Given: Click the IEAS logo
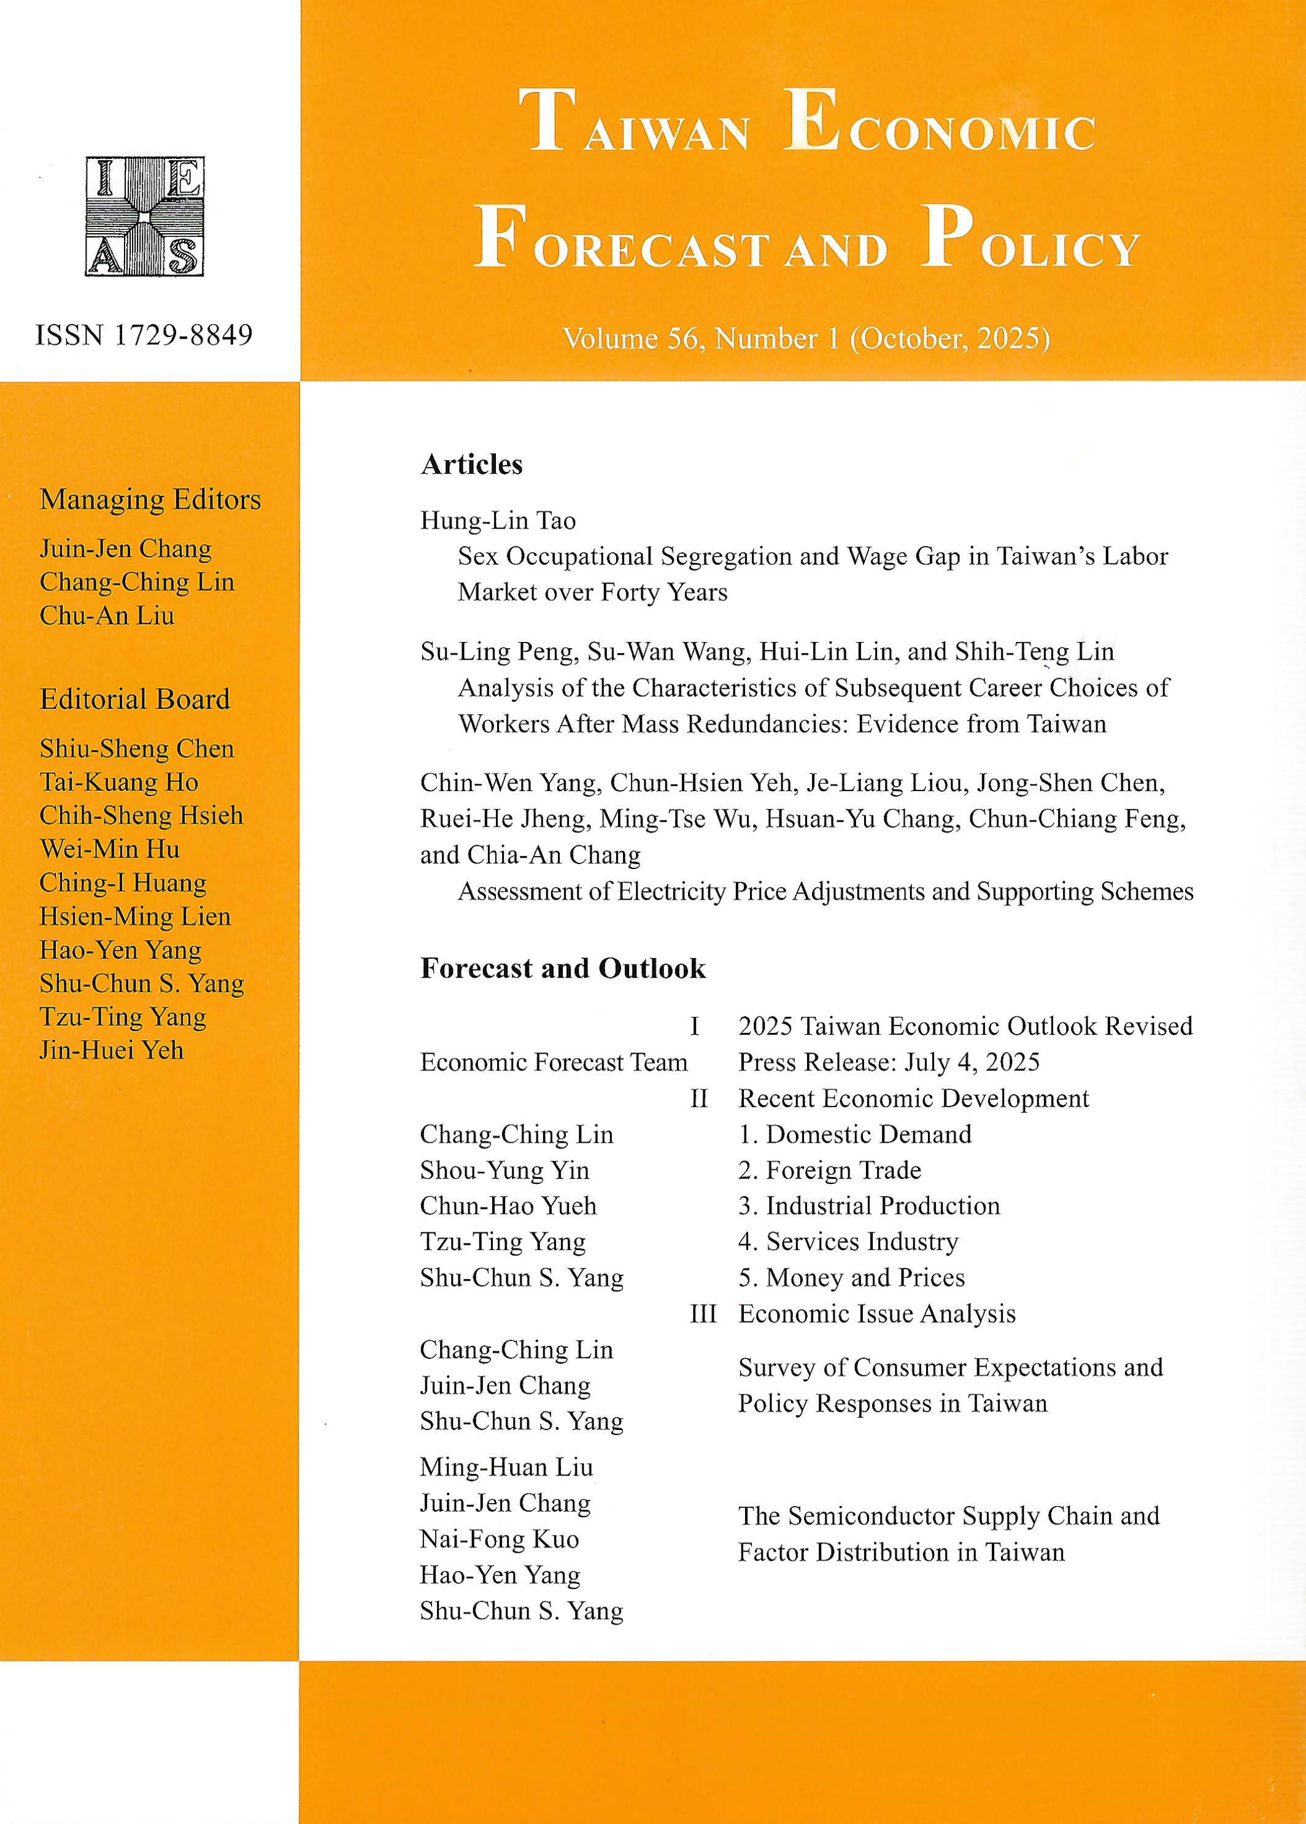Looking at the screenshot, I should click(x=145, y=216).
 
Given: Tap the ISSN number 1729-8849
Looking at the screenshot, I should click(x=144, y=334).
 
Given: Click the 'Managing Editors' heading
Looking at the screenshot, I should click(x=150, y=500).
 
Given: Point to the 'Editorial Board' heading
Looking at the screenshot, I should click(x=135, y=699).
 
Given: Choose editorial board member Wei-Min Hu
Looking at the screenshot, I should click(x=109, y=849).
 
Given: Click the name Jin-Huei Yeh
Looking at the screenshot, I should click(x=112, y=1050).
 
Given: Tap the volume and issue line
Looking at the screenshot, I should click(x=806, y=339).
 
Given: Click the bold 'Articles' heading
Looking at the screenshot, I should click(x=471, y=465).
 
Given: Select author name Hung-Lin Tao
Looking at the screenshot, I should click(x=498, y=521).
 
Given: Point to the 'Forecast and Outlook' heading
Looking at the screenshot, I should click(x=563, y=968).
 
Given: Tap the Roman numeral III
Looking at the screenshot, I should click(x=703, y=1314).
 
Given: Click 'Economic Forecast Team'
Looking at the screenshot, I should click(x=554, y=1062).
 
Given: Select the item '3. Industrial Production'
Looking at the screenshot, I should click(x=869, y=1207).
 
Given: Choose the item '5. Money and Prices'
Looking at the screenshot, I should click(x=852, y=1278).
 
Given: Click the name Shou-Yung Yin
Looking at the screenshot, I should click(x=504, y=1170).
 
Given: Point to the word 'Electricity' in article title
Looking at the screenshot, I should click(x=671, y=892).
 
